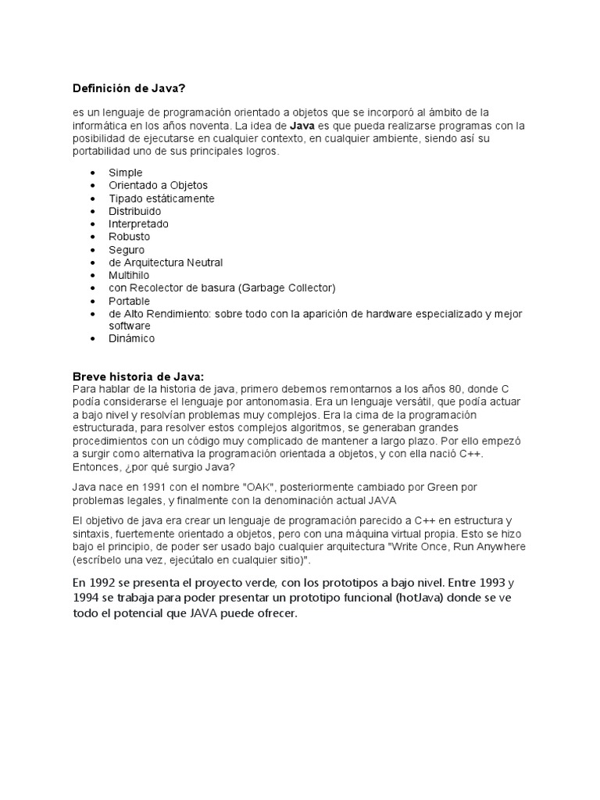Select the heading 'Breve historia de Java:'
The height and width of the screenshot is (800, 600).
coord(137,376)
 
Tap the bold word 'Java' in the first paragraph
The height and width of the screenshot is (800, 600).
coord(302,125)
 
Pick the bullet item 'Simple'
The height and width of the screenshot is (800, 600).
coord(126,173)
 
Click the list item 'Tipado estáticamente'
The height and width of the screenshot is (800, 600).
coord(161,198)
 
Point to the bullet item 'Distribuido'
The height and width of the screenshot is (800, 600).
coord(135,211)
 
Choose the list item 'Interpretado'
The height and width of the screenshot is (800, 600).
coord(138,223)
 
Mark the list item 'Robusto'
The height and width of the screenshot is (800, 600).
coord(129,236)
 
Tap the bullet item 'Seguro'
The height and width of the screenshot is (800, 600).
coord(127,249)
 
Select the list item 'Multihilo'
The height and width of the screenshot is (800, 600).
coord(129,275)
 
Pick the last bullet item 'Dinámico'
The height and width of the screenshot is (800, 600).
coord(132,338)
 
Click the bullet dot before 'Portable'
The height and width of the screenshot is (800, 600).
coord(94,301)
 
